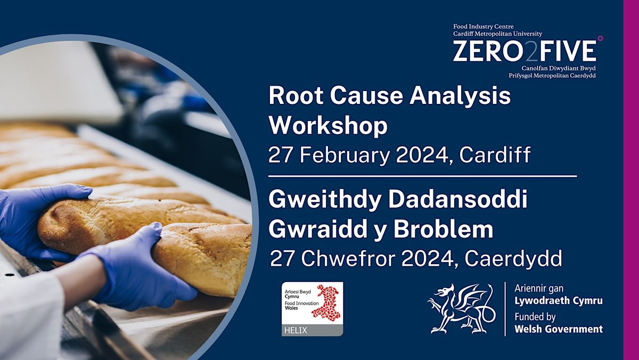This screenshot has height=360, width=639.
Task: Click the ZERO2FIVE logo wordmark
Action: pos(525,52)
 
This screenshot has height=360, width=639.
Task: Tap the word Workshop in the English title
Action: pos(328,126)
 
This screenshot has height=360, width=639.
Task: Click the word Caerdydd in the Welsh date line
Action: pos(513,258)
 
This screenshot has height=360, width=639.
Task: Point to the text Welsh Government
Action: pos(559,329)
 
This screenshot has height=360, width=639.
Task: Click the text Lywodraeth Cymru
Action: pos(559,301)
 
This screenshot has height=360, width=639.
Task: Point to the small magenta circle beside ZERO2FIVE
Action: pos(600,38)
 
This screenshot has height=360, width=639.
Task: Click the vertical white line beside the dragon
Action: pos(505,309)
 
